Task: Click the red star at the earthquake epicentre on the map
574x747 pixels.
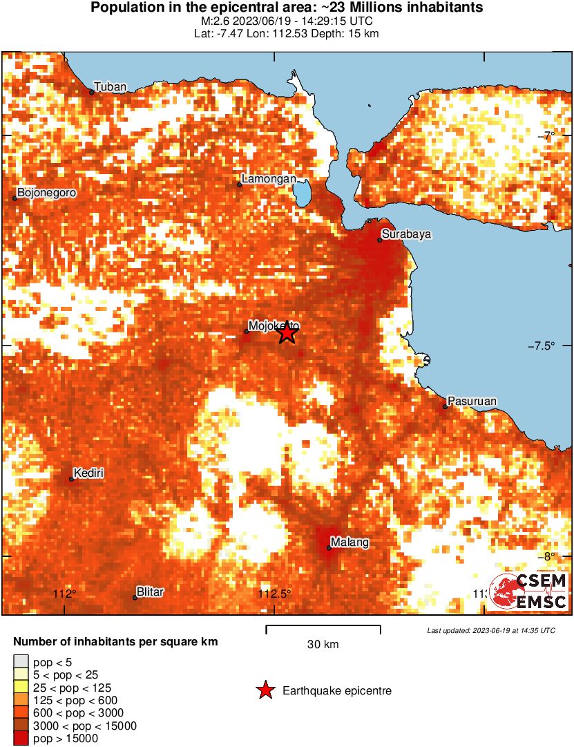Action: [287, 333]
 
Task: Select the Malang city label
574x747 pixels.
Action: [350, 542]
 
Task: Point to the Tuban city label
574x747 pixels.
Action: [111, 87]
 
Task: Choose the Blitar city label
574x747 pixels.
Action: [150, 592]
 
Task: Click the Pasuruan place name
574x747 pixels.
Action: [472, 401]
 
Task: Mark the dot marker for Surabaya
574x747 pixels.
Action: [380, 240]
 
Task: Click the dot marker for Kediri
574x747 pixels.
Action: [72, 479]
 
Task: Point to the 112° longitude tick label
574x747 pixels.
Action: [66, 594]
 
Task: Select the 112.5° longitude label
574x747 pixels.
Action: [275, 594]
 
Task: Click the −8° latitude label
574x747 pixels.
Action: [555, 557]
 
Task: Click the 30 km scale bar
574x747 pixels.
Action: [323, 627]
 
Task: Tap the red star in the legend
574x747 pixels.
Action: [265, 690]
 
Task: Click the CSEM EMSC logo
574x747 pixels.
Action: [529, 592]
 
